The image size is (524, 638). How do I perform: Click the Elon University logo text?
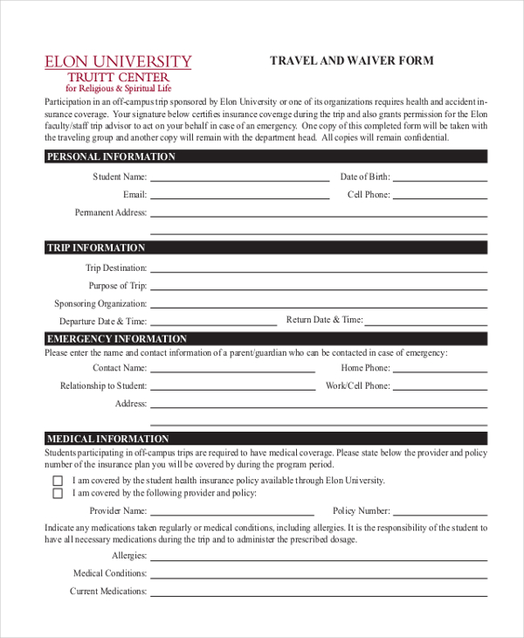coord(118,62)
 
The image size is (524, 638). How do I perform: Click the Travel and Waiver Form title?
coord(351,61)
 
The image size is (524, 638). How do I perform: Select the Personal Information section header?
coord(111,157)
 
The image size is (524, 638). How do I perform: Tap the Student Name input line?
coord(239,178)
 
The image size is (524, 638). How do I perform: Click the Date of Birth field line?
coord(438,178)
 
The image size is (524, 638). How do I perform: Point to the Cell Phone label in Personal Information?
coord(368,195)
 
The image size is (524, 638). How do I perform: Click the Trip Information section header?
coord(96,248)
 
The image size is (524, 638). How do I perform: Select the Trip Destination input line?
coord(318,270)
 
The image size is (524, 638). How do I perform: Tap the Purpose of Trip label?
coord(117,286)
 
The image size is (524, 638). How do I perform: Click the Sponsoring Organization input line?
coord(318,306)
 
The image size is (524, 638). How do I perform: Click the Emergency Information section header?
coord(116,339)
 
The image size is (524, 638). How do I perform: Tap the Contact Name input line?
coord(232,371)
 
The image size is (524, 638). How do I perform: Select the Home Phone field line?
coord(438,371)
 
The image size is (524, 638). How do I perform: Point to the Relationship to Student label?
coord(103,385)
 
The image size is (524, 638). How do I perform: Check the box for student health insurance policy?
coord(58,481)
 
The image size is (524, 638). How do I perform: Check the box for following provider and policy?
coord(58,494)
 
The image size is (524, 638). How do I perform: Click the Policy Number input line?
coord(438,513)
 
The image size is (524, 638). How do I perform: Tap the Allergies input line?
coord(318,558)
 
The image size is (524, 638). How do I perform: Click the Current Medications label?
coord(108,592)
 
